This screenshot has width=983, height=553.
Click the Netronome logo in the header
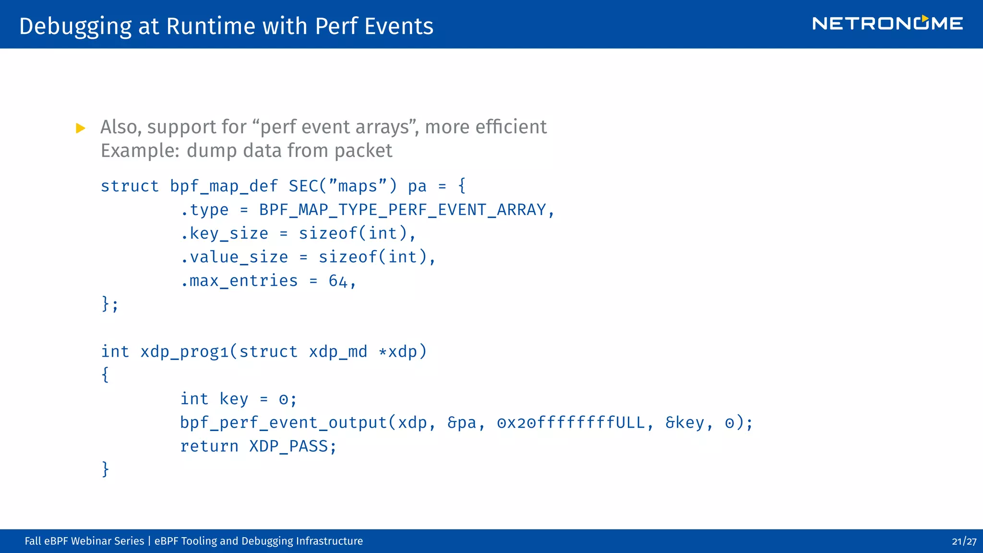tap(887, 24)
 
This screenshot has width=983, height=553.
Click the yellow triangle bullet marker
tap(81, 128)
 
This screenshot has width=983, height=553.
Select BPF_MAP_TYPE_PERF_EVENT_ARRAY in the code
tap(402, 210)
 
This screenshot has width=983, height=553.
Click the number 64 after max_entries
tap(338, 281)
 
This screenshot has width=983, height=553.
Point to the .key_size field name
tap(225, 234)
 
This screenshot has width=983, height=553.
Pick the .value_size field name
tap(235, 257)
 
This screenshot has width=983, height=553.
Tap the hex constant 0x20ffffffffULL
tap(571, 423)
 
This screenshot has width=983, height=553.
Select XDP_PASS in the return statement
tap(288, 446)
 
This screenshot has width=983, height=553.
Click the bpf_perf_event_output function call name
tap(283, 423)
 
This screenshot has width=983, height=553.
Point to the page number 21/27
tap(964, 541)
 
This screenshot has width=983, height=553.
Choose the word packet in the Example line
tap(363, 151)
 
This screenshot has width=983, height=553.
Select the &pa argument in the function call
tap(462, 423)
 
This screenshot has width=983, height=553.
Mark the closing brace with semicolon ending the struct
tap(109, 304)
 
